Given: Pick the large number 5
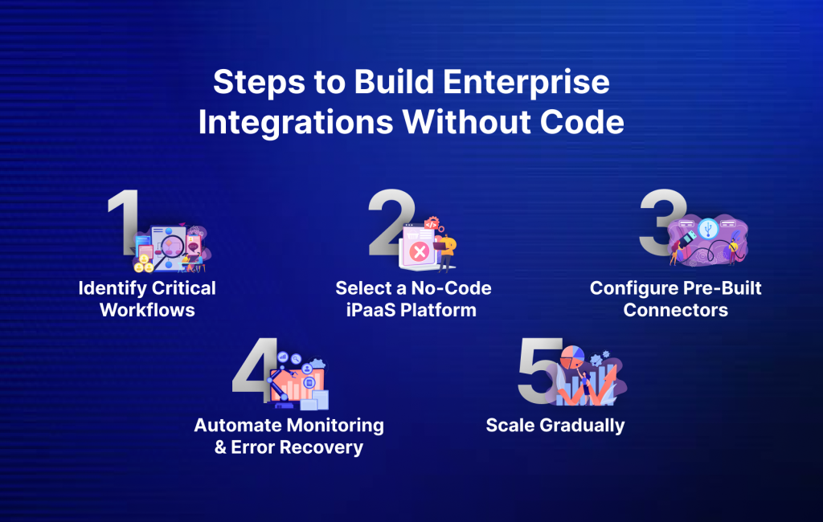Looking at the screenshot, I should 537,371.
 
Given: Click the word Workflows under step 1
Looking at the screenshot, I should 147,310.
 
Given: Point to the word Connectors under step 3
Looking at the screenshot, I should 675,310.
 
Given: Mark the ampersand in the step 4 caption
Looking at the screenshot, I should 221,447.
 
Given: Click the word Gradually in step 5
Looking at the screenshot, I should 583,426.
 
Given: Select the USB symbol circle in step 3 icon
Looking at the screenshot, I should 707,227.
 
